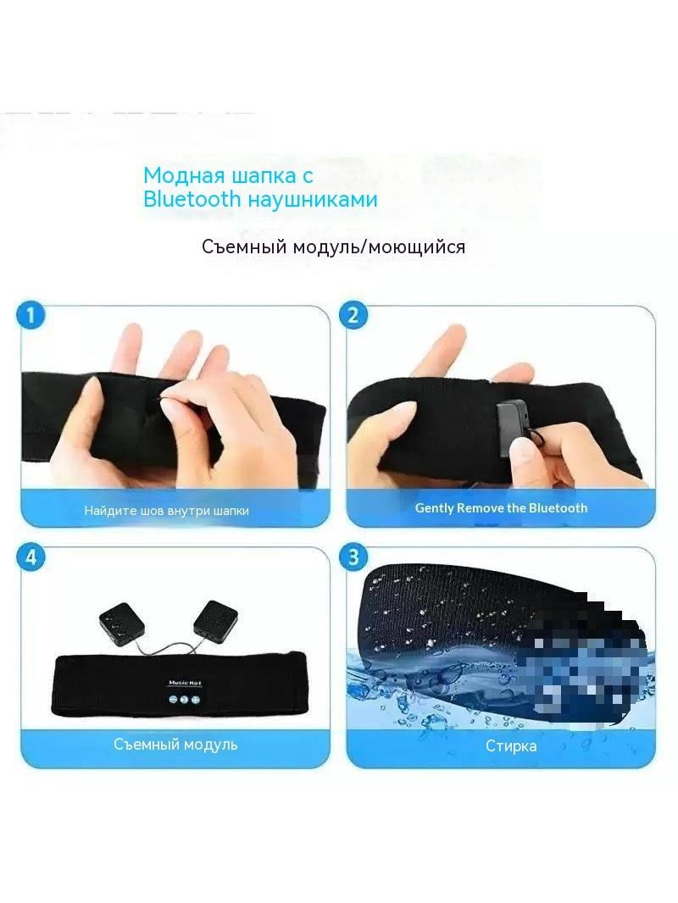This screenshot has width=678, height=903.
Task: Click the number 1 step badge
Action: (x=31, y=316)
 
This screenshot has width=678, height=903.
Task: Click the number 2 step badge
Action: (x=353, y=315)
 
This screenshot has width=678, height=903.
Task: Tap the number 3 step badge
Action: (x=353, y=557)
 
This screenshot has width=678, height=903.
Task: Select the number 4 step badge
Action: (x=31, y=557)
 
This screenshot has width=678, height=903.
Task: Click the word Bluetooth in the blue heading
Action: (x=192, y=199)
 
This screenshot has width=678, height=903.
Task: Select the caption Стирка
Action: (x=511, y=745)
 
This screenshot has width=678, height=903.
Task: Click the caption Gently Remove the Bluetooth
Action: (x=501, y=508)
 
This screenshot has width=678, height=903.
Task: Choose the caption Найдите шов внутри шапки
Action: (x=166, y=510)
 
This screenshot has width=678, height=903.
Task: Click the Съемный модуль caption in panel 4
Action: (x=175, y=744)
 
